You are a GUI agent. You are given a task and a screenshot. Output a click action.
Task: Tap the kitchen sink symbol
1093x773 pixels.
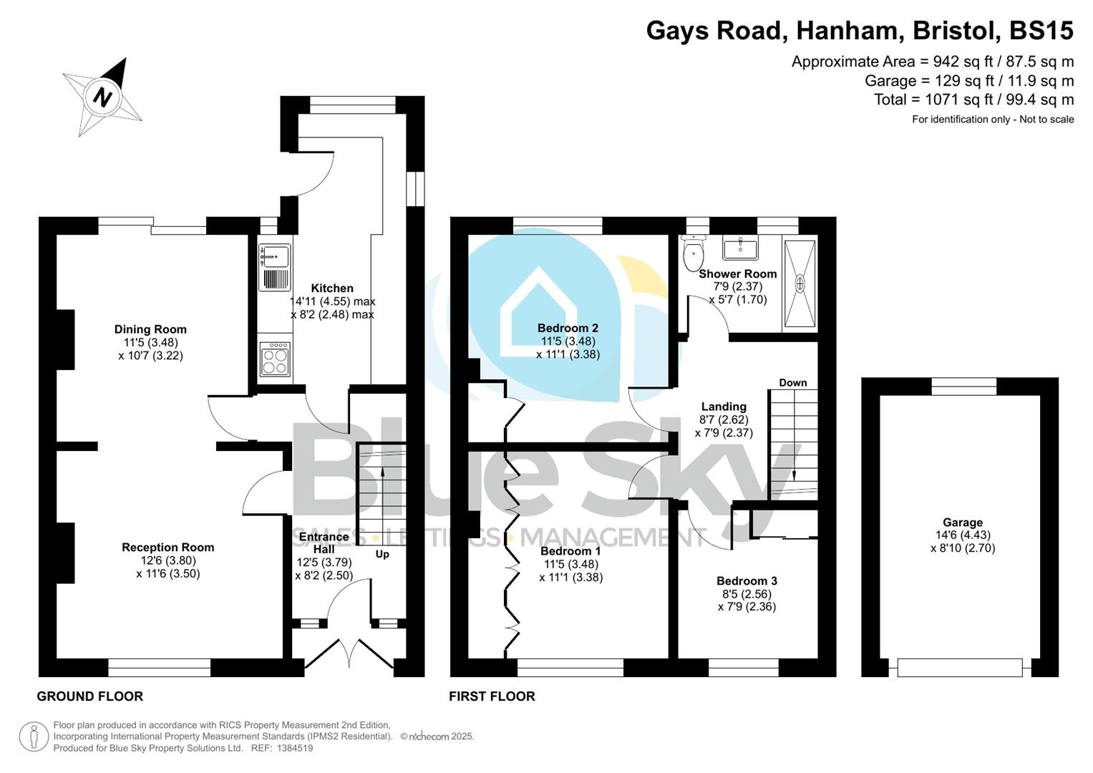(275, 256)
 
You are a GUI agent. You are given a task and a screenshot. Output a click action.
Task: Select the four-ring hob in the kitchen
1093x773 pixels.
(275, 359)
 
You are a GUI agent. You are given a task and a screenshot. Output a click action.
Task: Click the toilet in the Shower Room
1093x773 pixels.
(693, 251)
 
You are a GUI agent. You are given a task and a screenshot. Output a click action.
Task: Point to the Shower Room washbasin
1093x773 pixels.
(741, 248)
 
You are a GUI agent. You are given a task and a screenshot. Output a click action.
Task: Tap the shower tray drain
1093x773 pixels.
(800, 283)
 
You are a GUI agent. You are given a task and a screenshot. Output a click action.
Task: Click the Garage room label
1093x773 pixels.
(962, 522)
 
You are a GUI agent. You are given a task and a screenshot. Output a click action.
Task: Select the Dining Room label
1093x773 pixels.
(150, 329)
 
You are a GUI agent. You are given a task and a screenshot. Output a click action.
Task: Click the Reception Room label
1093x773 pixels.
(167, 548)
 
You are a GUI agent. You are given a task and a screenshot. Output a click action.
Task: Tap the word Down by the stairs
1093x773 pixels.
(792, 383)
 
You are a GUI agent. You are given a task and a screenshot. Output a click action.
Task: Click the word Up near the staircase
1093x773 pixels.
(382, 554)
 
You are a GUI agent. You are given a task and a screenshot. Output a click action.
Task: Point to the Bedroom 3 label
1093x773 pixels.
(747, 581)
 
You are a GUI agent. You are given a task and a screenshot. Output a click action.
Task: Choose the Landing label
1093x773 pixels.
(724, 407)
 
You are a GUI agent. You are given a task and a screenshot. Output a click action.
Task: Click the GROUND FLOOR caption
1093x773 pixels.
(90, 696)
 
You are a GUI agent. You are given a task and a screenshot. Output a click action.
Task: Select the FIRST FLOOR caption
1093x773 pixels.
(492, 696)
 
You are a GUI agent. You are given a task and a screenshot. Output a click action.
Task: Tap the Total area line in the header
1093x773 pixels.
(973, 99)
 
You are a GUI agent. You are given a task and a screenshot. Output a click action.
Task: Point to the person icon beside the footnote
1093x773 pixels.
(34, 736)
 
